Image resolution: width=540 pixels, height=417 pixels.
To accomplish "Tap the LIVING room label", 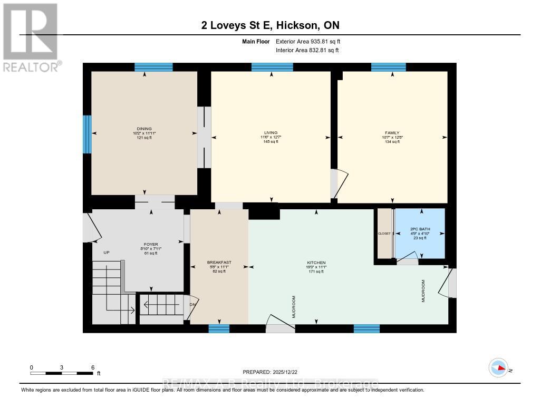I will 271,133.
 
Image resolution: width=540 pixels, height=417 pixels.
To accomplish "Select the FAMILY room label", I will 392,133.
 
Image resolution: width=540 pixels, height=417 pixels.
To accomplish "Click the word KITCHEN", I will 316,263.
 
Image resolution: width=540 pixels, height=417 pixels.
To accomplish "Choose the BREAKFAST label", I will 219,263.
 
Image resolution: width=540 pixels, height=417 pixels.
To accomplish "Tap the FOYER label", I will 151,245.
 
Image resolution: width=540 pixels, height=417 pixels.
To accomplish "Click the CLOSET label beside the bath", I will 384,234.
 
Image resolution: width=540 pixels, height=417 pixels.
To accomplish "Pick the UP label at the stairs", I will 106,253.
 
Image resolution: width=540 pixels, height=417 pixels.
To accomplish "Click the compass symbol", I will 498,368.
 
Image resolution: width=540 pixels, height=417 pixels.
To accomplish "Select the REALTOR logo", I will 31,37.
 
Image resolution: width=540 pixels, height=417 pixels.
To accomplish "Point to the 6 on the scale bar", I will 93,367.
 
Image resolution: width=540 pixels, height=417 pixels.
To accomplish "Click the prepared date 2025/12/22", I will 288,372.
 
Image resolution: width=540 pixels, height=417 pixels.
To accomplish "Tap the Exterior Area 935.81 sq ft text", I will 312,41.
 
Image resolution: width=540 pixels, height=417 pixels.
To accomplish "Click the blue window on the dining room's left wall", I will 87,134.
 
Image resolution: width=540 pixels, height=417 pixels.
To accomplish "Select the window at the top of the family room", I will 388,67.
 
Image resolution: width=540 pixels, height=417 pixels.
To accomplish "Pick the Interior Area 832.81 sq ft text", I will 307,50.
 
